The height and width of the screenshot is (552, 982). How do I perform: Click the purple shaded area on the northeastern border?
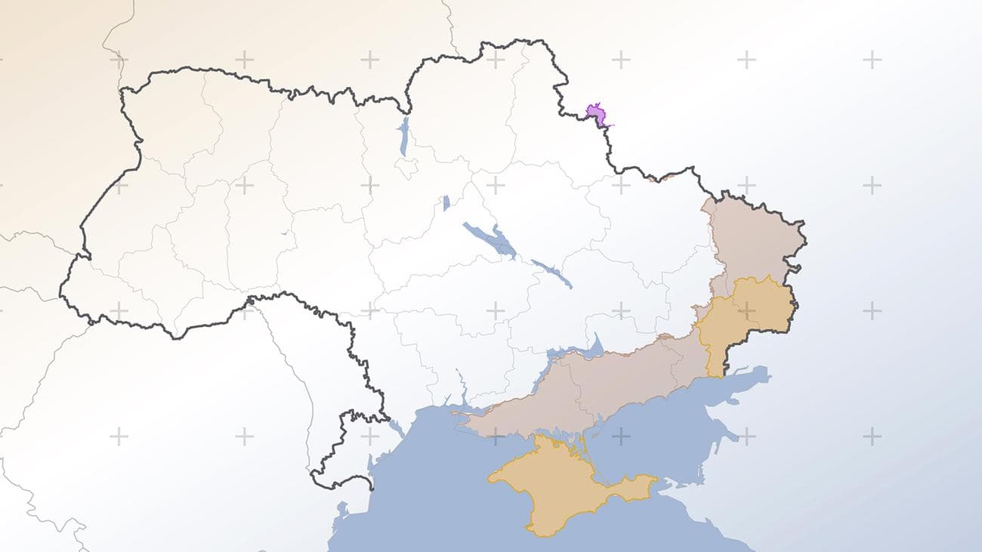tap(597, 115)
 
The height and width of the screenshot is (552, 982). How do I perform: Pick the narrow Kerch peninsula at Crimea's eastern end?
tap(631, 487)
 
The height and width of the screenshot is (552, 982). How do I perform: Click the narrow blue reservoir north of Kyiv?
tap(404, 136)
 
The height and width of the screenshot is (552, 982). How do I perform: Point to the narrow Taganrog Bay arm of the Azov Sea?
tap(748, 376)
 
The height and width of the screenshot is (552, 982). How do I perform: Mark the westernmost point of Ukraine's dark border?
tap(61, 287)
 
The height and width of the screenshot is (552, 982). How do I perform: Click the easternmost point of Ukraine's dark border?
tap(805, 243)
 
